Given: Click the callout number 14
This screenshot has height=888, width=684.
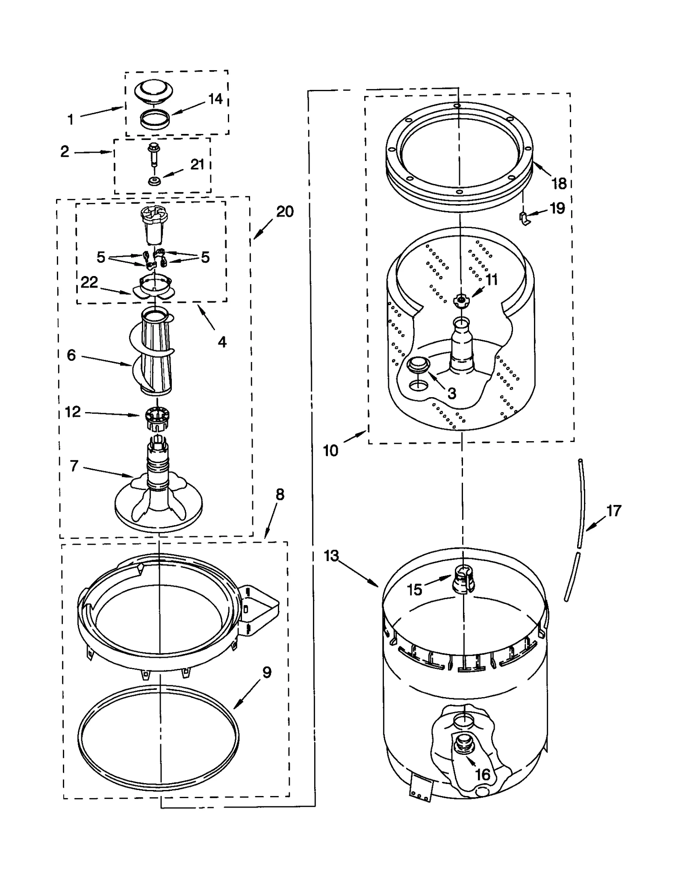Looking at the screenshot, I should [x=215, y=99].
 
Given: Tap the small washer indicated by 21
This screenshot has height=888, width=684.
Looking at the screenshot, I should [x=154, y=181].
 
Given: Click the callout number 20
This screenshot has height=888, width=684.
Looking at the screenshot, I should [x=285, y=211].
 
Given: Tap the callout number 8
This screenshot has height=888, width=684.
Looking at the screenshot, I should [x=280, y=495].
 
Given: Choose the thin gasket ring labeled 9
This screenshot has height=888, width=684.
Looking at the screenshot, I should [x=159, y=737].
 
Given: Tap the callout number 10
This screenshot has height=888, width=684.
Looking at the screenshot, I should [x=330, y=450].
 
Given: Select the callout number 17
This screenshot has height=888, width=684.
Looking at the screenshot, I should [x=613, y=511].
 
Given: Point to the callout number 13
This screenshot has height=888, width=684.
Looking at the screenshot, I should [x=331, y=556].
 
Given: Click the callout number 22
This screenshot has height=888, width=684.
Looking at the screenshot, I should [x=89, y=282].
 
